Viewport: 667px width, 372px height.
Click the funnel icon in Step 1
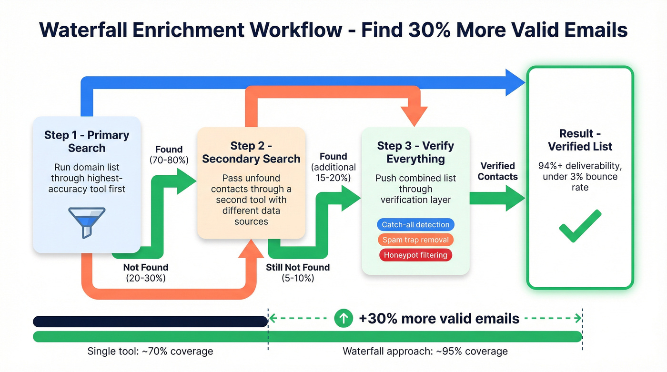(86, 221)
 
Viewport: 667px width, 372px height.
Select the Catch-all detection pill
(415, 224)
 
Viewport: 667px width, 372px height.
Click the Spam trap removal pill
(415, 240)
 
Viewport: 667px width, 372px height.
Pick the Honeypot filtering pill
(415, 255)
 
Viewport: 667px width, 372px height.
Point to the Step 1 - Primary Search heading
(86, 141)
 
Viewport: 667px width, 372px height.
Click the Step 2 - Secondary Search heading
(251, 152)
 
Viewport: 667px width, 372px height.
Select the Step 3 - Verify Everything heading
(415, 152)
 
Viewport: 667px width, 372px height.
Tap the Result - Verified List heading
(580, 140)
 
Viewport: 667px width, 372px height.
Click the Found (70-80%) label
(169, 155)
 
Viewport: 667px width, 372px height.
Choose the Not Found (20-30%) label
(145, 273)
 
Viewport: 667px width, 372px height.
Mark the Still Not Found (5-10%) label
(297, 273)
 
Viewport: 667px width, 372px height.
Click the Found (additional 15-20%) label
(333, 167)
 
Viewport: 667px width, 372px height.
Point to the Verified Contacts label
(498, 171)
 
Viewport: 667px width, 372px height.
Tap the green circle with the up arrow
(344, 318)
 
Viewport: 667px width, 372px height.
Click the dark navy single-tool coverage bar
(150, 321)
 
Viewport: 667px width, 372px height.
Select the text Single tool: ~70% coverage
(150, 352)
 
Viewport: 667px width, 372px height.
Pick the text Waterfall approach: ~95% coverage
(425, 352)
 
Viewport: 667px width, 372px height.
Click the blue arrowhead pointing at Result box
(515, 82)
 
